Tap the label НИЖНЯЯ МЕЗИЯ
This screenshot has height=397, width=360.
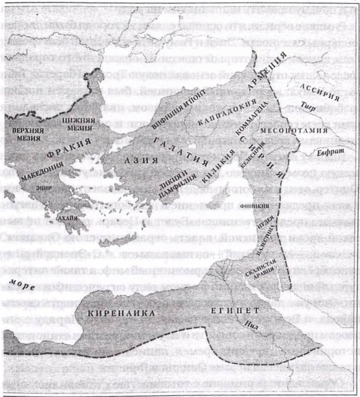(x=81, y=128)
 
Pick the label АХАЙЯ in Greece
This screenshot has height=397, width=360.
(x=68, y=218)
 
